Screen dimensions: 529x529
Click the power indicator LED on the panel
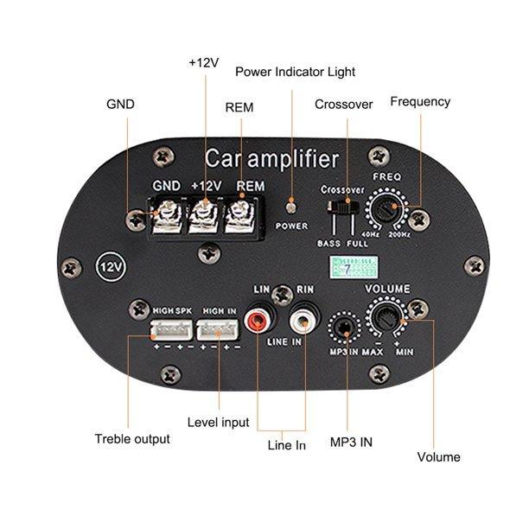click(291, 207)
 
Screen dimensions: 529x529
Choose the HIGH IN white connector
click(216, 330)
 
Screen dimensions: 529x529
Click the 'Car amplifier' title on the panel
click(272, 159)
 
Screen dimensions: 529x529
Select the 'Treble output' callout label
click(132, 439)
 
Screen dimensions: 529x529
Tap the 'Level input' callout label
click(218, 423)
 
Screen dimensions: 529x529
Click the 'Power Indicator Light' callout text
click(295, 72)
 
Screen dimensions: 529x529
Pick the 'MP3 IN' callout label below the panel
click(353, 442)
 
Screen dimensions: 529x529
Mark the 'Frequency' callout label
click(420, 101)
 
